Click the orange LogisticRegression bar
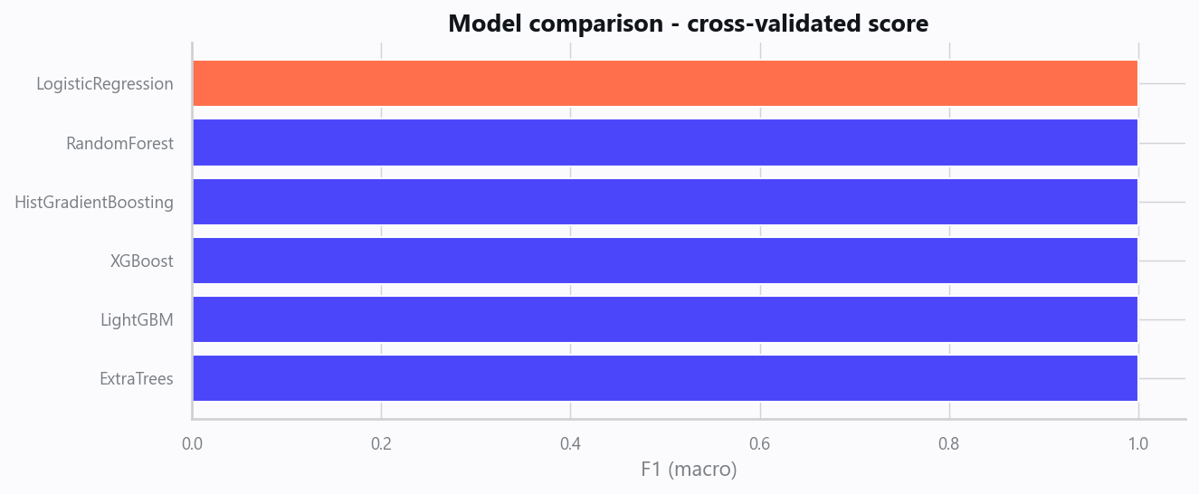tap(665, 83)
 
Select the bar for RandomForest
tap(665, 142)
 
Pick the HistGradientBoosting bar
tap(665, 202)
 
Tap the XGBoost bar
tap(665, 261)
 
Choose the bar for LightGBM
tap(665, 319)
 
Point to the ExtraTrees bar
tap(665, 378)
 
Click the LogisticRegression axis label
tap(105, 84)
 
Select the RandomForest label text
tap(119, 144)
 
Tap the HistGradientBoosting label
tap(94, 203)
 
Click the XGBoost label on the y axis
tap(142, 261)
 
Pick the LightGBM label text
tap(137, 320)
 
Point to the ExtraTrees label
tap(137, 379)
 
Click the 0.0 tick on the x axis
tap(192, 444)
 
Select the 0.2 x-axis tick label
tap(381, 444)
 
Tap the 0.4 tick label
tap(571, 444)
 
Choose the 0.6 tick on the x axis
tap(760, 444)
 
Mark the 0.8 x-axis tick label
tap(949, 444)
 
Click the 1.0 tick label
tap(1138, 444)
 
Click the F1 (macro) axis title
tap(689, 470)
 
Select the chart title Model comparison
tap(689, 24)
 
